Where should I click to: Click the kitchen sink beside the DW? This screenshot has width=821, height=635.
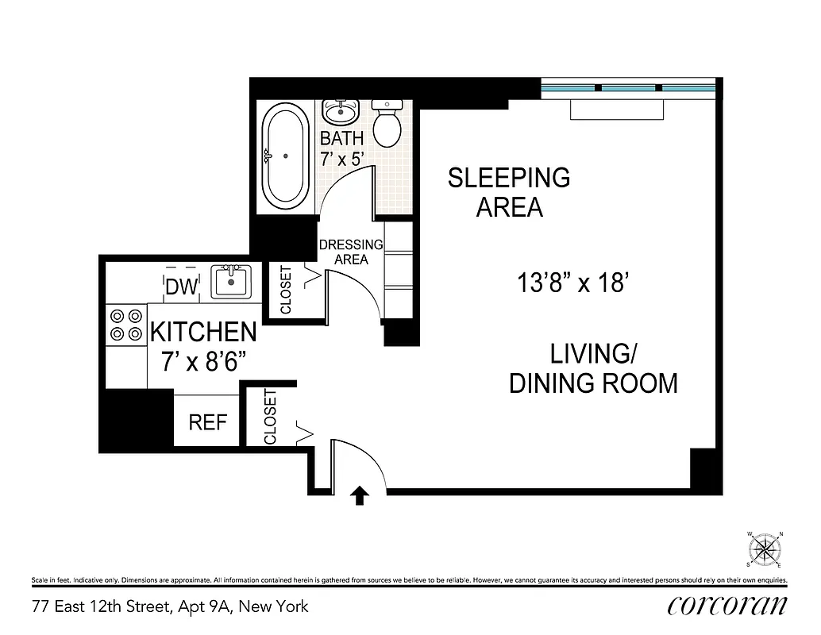(231, 282)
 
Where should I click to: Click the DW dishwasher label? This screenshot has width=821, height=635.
(181, 287)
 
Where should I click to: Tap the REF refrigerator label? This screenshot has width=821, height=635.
(208, 422)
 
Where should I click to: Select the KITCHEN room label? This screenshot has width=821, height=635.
(203, 332)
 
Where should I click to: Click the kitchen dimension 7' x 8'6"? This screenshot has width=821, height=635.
(203, 362)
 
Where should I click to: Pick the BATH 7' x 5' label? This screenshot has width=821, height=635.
(341, 148)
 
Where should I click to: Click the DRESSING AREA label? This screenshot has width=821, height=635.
(350, 252)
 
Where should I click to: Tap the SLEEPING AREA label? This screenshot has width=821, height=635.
(509, 192)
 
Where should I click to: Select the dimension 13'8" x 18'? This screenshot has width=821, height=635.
(573, 283)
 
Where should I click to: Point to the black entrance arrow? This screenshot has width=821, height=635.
(360, 496)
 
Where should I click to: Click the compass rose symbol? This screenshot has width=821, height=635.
(764, 548)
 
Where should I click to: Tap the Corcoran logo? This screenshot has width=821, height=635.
(727, 606)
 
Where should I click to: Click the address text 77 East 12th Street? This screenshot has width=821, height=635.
(170, 607)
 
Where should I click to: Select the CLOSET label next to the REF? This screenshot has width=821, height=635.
(271, 417)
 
